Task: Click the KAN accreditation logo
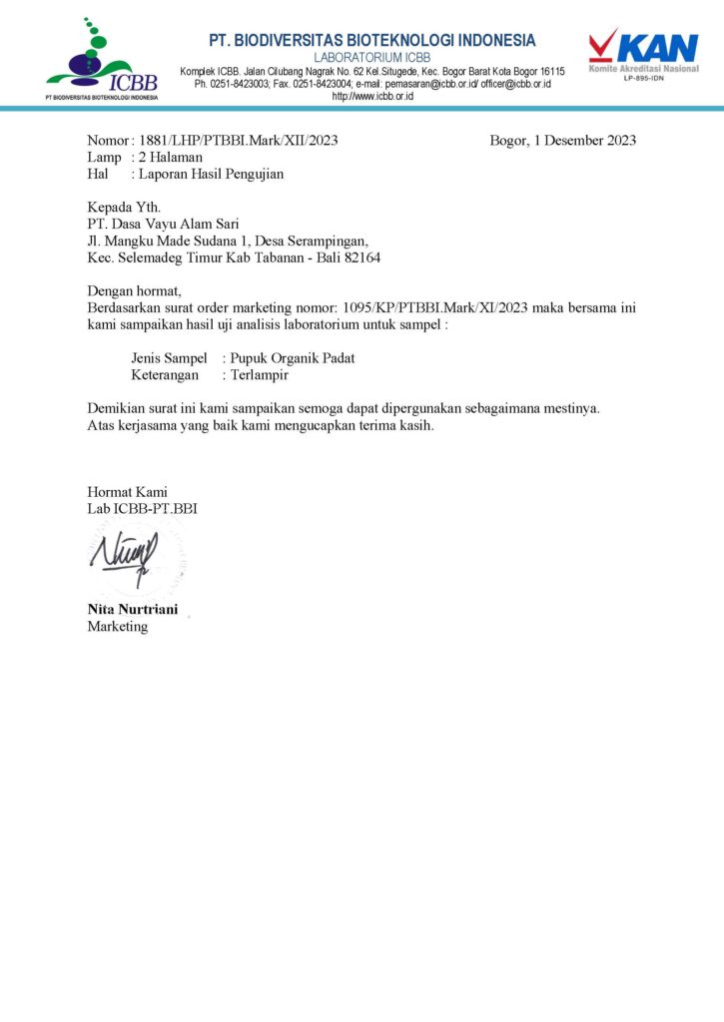642,53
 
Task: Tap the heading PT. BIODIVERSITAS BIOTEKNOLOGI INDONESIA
372,40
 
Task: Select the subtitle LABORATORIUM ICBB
371,57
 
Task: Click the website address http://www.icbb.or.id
371,97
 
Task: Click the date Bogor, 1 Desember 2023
562,141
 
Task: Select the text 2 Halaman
171,158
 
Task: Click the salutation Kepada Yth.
124,208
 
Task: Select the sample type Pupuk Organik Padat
293,358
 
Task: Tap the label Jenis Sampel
169,358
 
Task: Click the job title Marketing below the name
117,627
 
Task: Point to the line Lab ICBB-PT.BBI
142,509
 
